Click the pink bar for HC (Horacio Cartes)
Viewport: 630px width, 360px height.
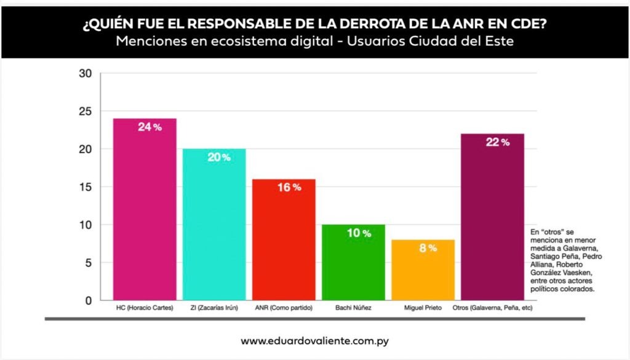point(145,209)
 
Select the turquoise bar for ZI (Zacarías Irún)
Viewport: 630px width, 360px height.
point(214,225)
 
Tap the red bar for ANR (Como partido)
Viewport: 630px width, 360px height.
point(284,240)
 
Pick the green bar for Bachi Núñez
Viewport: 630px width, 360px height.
point(353,262)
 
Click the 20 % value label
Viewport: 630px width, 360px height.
point(218,158)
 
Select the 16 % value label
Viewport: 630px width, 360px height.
point(289,187)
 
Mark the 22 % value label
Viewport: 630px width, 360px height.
point(497,142)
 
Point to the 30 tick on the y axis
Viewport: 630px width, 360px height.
point(86,74)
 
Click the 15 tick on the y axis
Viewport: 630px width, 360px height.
point(86,187)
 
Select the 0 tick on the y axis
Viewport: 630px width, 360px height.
point(89,300)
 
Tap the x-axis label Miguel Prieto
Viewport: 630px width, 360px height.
point(423,307)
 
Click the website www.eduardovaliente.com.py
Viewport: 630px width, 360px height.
point(315,340)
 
